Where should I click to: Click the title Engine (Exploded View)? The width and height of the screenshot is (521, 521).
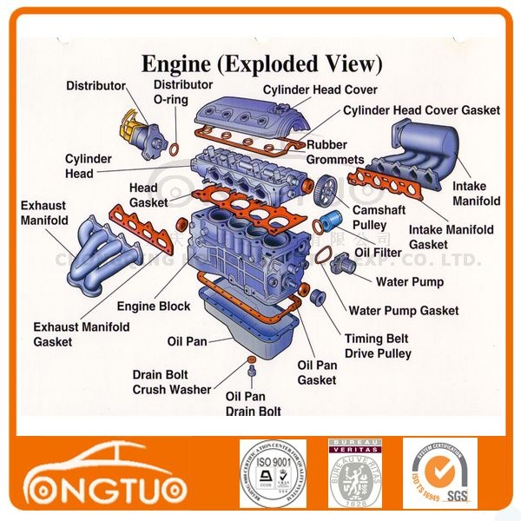click(261, 64)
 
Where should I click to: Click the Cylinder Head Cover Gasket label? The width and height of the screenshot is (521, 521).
click(421, 110)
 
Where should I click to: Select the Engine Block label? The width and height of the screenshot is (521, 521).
click(154, 307)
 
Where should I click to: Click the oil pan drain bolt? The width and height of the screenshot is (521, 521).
click(252, 373)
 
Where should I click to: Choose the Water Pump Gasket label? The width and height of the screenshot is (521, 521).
click(403, 310)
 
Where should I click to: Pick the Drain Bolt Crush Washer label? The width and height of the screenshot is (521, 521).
click(171, 382)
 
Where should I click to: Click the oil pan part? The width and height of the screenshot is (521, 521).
click(248, 326)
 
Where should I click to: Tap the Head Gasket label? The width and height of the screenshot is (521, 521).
click(143, 195)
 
